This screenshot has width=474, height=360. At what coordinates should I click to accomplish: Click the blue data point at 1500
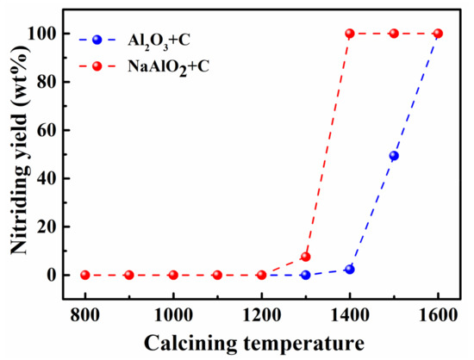point(394,156)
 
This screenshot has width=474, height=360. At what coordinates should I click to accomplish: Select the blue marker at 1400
point(350,270)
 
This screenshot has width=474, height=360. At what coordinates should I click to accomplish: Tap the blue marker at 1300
point(305,275)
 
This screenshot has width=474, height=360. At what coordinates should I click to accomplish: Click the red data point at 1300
point(305,257)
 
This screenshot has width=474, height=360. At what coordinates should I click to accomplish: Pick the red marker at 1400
point(350,34)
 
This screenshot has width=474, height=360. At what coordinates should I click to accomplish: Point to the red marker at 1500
point(394,34)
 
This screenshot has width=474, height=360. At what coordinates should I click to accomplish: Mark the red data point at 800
point(84,275)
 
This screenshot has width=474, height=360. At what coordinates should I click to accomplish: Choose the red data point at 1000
point(173,275)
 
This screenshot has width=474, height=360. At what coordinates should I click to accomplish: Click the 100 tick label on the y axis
point(42,34)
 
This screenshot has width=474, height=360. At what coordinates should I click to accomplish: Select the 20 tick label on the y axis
point(47,227)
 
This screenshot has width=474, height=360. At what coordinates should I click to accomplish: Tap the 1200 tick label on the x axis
point(261,314)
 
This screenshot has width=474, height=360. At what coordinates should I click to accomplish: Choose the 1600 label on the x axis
point(438,314)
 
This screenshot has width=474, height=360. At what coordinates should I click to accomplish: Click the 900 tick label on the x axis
point(129,314)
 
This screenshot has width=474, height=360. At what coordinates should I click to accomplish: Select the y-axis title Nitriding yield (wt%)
point(16,154)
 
